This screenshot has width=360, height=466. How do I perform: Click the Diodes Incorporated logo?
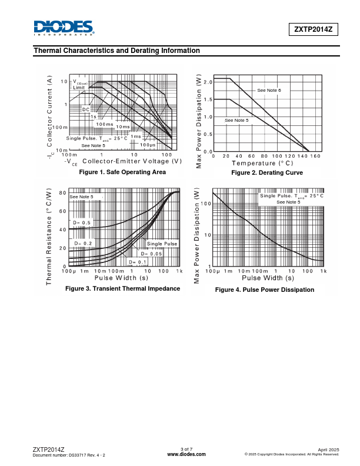64,28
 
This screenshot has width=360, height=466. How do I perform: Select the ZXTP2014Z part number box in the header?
313,29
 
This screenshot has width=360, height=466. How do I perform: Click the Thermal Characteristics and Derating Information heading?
117,51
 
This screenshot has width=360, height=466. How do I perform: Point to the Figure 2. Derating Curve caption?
267,173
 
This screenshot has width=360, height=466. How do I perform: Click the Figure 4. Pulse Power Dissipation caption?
265,289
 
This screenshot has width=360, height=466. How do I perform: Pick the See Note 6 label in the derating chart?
269,90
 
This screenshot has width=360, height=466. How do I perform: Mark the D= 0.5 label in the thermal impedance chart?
82,223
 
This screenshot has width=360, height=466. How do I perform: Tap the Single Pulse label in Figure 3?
162,244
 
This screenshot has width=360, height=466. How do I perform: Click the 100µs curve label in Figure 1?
148,145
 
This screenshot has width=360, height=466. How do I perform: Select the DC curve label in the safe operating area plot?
86,109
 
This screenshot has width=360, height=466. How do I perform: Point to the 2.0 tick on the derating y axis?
208,82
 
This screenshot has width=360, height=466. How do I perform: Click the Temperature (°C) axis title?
262,163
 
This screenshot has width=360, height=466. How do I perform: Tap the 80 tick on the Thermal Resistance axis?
62,193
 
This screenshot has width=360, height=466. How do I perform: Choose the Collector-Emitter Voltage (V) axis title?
132,161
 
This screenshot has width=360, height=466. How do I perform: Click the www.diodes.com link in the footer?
186,454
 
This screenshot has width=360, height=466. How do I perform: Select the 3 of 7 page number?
186,450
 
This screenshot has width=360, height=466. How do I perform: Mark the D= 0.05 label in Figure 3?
151,254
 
